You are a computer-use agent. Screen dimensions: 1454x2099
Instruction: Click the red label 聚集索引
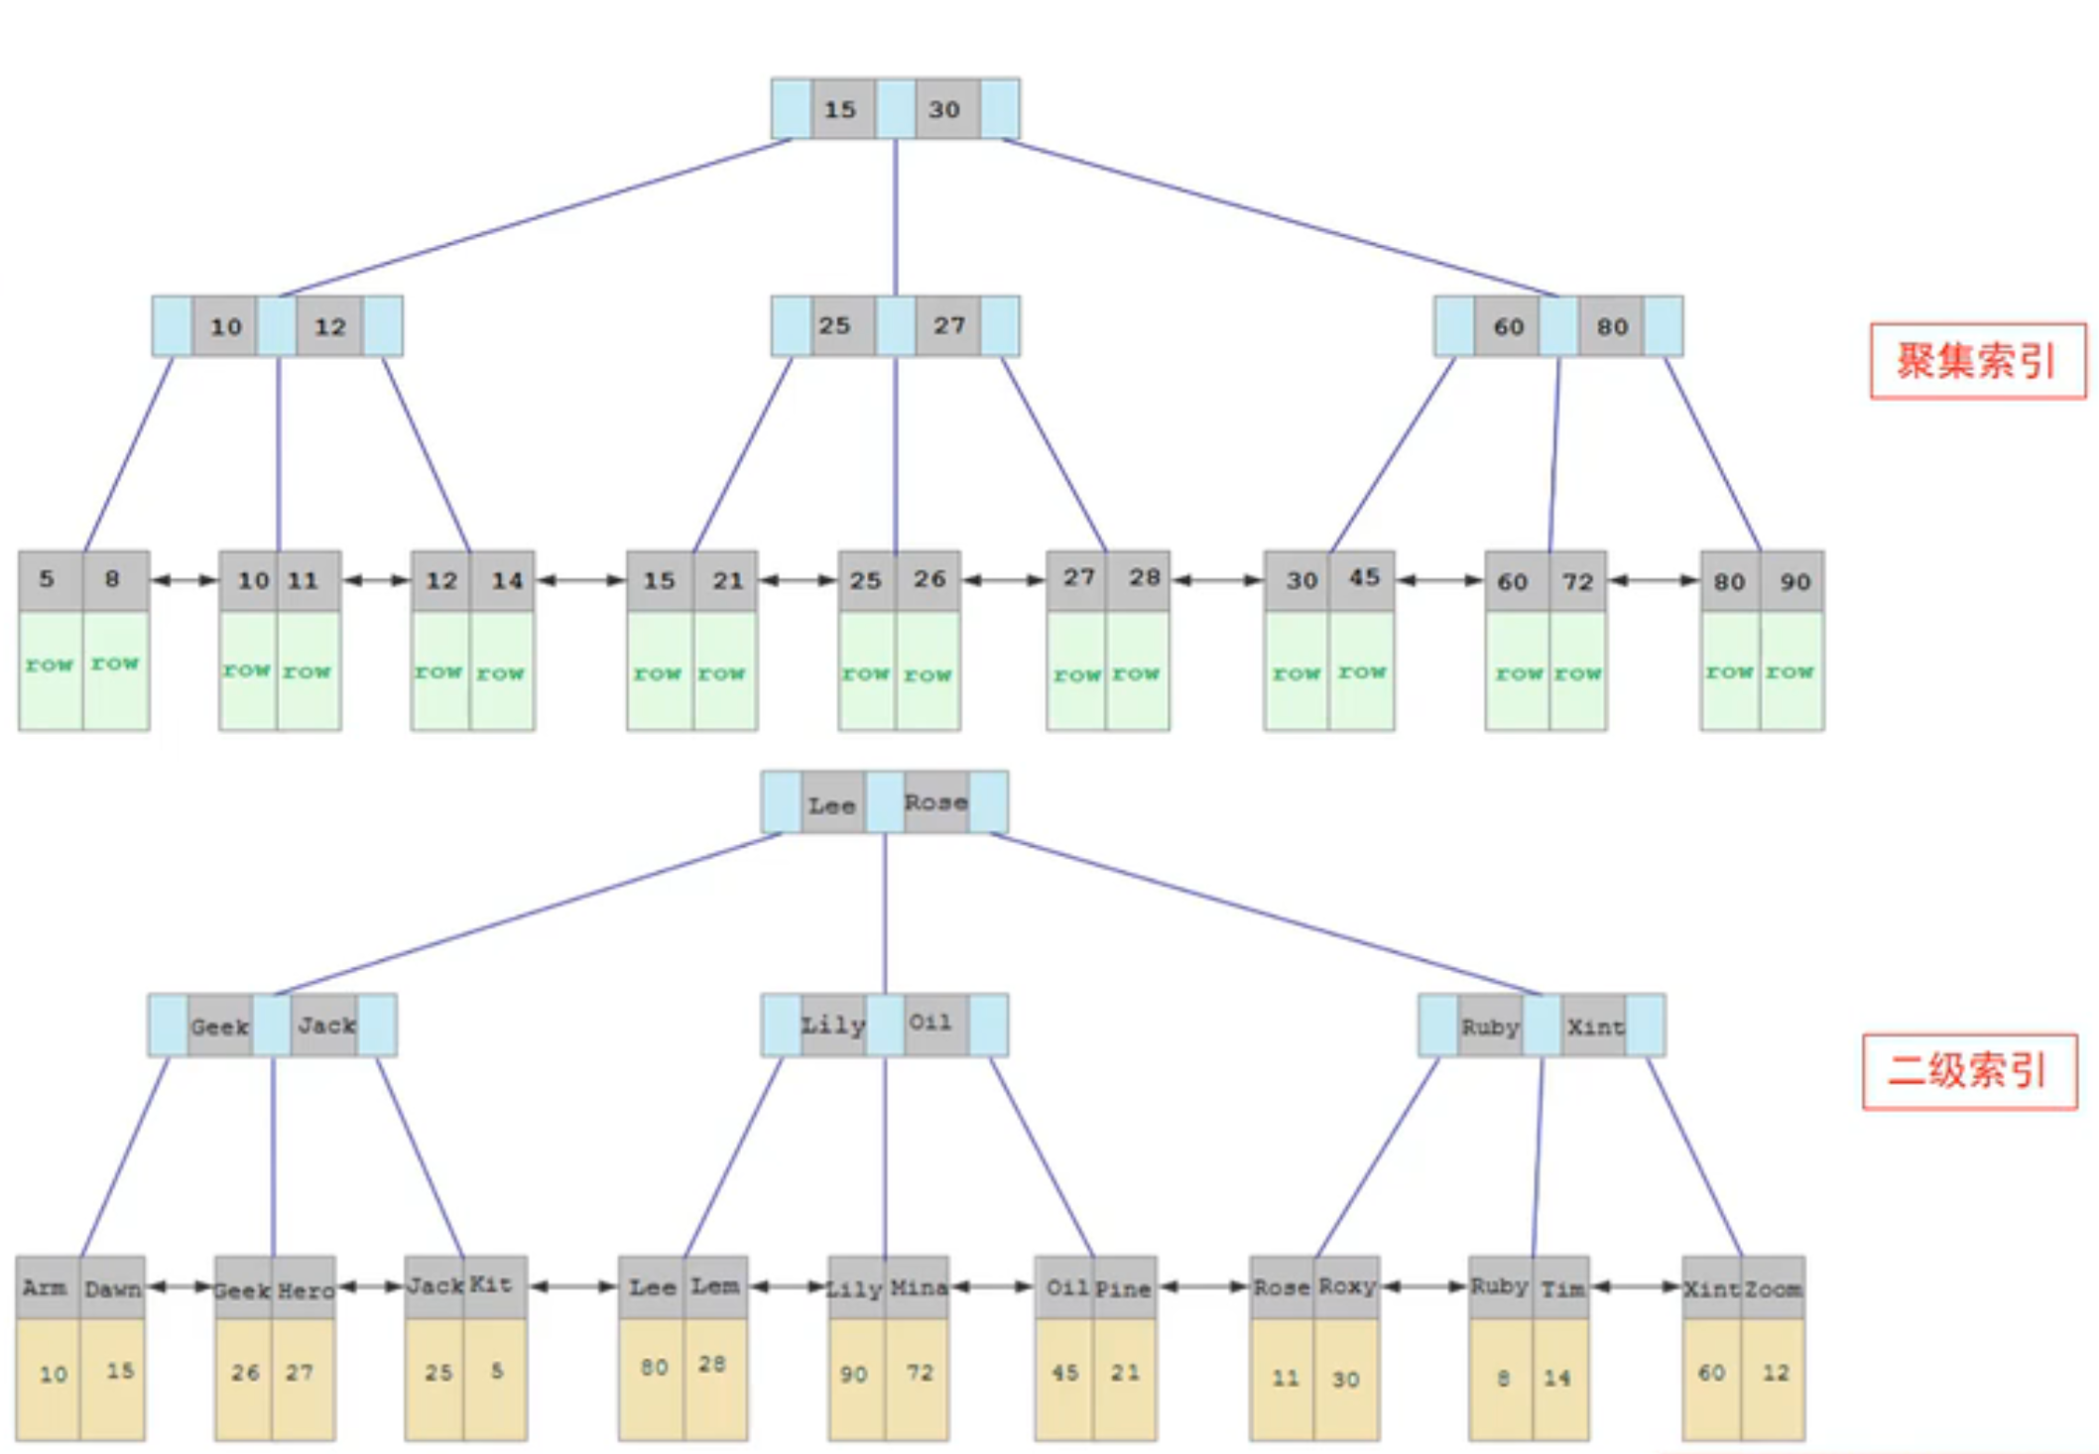point(1976,361)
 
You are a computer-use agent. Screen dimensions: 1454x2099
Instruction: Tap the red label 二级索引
point(1968,1071)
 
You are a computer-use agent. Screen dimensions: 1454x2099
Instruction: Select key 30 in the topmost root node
point(944,109)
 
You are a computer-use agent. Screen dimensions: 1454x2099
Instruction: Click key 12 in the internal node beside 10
point(329,326)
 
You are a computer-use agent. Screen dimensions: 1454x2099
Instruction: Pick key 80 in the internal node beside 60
point(1612,326)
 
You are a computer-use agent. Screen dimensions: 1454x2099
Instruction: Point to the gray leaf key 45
point(1364,578)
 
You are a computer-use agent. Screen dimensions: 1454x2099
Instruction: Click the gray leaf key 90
point(1794,581)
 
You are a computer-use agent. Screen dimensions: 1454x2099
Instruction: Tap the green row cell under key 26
point(928,672)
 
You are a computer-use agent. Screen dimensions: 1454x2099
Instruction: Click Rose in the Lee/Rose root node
point(935,802)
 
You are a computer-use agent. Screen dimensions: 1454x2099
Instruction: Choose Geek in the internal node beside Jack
point(219,1026)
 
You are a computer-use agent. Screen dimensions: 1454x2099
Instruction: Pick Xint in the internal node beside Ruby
point(1595,1026)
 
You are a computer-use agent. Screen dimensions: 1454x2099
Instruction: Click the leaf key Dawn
point(112,1288)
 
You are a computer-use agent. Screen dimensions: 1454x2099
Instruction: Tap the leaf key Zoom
point(1773,1288)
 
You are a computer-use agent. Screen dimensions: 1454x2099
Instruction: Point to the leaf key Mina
point(918,1288)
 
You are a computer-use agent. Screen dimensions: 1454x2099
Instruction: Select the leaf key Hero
point(306,1289)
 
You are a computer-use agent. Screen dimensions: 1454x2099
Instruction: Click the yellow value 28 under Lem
point(712,1365)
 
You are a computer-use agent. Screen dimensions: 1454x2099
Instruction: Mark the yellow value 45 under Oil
point(1064,1373)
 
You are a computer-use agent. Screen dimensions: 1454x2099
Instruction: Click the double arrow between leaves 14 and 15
point(580,580)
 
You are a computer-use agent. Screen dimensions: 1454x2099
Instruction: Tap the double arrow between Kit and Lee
point(572,1286)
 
